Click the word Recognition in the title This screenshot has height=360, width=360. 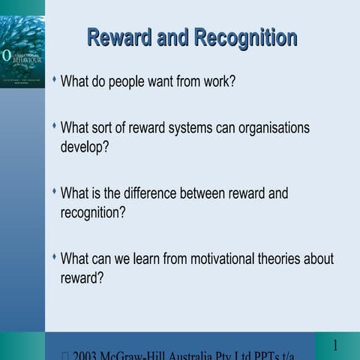pos(245,37)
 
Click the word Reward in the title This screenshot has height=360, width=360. pos(121,37)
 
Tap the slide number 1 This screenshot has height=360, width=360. pos(336,346)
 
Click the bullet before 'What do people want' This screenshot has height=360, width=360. pos(54,78)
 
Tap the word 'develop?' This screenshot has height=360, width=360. pos(85,146)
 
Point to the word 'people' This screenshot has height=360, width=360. pos(129,80)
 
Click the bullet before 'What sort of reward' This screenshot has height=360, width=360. pos(54,126)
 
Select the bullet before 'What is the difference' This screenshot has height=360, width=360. pos(54,191)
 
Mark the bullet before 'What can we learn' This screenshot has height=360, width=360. pos(54,256)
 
